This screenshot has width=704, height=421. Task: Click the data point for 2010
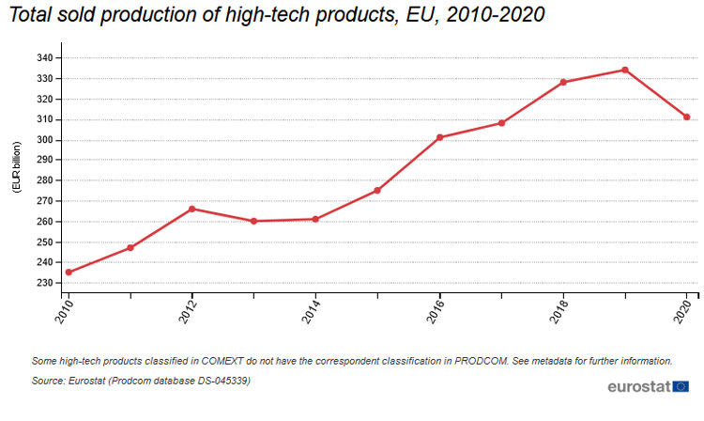[x=69, y=273]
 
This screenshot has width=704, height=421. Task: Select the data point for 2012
[x=192, y=209]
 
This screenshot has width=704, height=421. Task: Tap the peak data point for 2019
[x=625, y=70]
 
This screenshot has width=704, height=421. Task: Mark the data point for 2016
[x=440, y=137]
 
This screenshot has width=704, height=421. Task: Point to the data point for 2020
[x=687, y=117]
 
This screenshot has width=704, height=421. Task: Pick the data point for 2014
[x=316, y=219]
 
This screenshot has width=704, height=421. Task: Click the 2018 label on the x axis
[x=562, y=311]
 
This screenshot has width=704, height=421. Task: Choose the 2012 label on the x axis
[x=191, y=311]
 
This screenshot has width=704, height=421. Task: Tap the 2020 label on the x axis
[x=686, y=311]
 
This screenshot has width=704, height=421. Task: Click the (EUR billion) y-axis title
[x=17, y=167]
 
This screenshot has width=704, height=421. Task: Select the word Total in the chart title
[x=31, y=16]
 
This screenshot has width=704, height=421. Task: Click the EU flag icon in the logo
[x=681, y=386]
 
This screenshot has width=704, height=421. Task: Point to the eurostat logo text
[x=638, y=386]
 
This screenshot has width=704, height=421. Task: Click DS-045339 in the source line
[x=218, y=380]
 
